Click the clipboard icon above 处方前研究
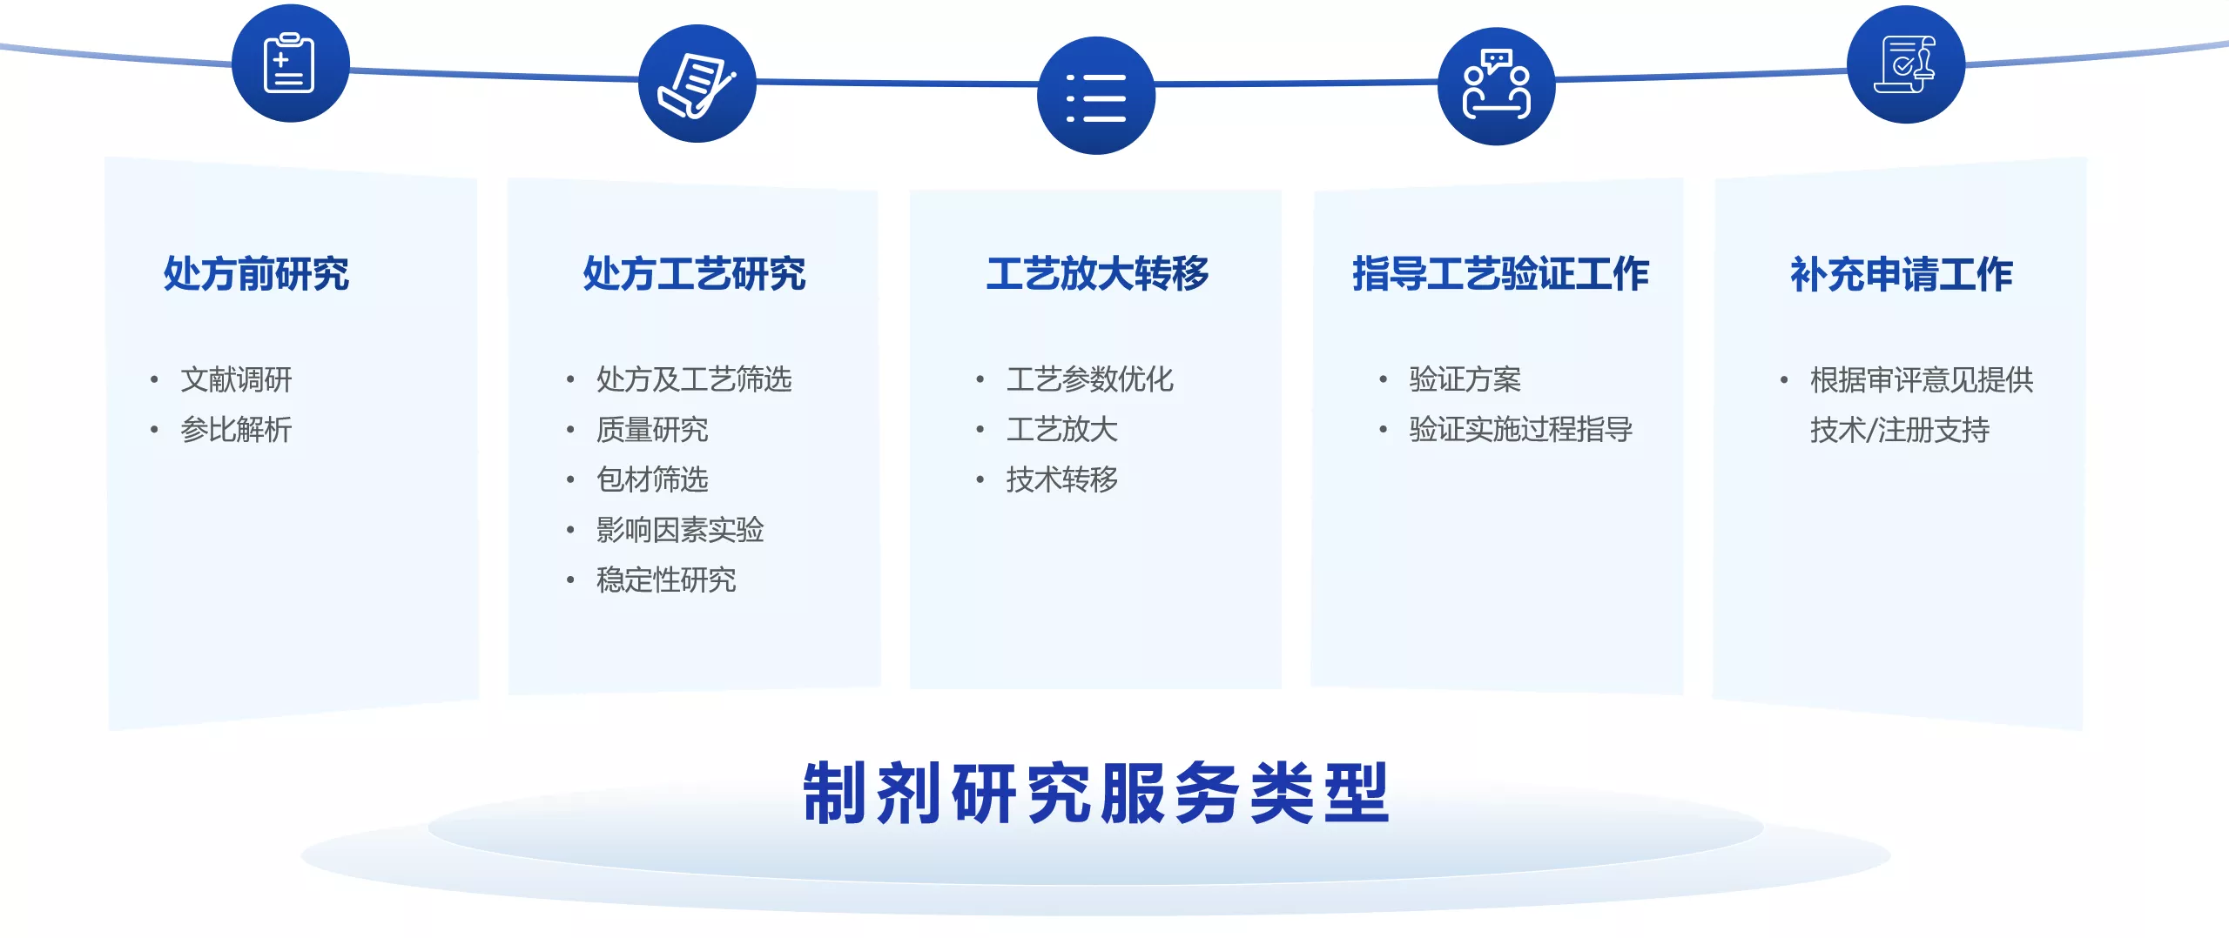290,63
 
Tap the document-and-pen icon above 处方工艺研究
697,84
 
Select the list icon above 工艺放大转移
1096,96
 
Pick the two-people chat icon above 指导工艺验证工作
1497,85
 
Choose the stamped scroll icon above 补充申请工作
1906,64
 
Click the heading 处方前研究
256,274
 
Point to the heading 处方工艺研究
694,274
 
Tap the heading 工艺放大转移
1097,274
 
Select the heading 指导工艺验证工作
1500,274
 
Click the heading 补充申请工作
1902,274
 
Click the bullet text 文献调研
236,379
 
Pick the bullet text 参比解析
236,429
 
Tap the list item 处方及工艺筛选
694,379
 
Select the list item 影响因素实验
680,530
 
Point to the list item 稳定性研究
666,580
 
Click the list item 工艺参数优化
1090,379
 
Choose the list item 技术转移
1062,479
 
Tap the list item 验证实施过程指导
1521,429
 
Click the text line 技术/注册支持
1900,429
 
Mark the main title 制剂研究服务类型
1096,793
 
